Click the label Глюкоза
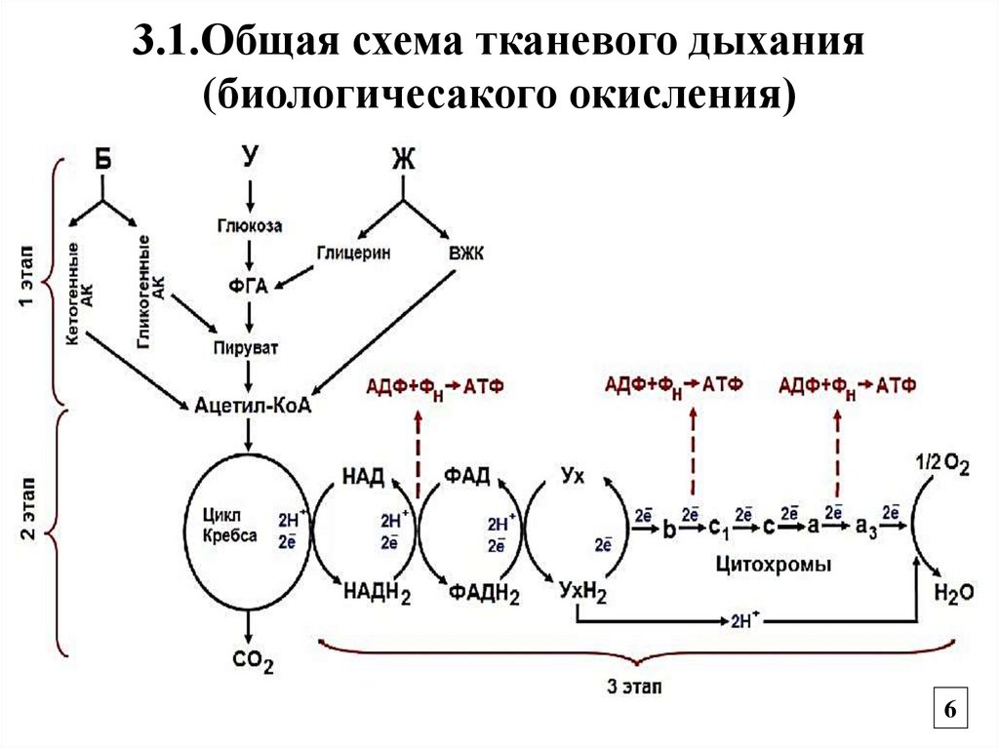(250, 225)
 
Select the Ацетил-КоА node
(253, 405)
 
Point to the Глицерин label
(352, 253)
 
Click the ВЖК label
(466, 253)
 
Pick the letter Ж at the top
(402, 159)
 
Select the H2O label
(953, 592)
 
